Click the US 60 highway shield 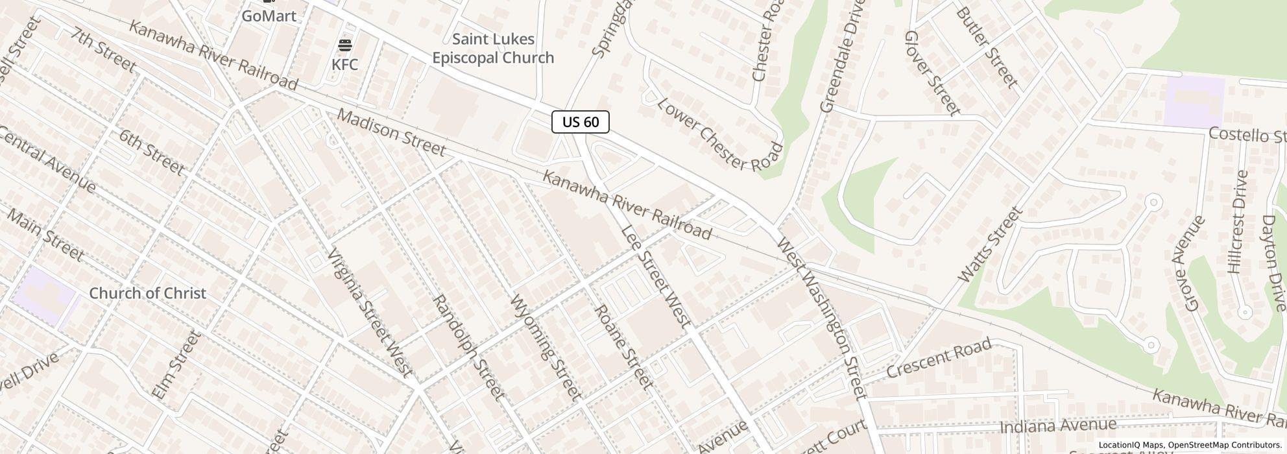coord(580,122)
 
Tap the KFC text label coord(344,65)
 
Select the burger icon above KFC coord(345,45)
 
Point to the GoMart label coord(269,16)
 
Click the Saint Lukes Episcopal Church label coord(493,49)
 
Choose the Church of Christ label coord(147,293)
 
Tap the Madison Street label coord(391,133)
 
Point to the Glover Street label coord(932,73)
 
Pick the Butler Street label coord(986,47)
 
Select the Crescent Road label coord(939,358)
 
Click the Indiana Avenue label coord(1057,426)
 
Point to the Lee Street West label coord(655,276)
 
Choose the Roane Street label coord(623,348)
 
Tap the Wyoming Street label coord(546,347)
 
